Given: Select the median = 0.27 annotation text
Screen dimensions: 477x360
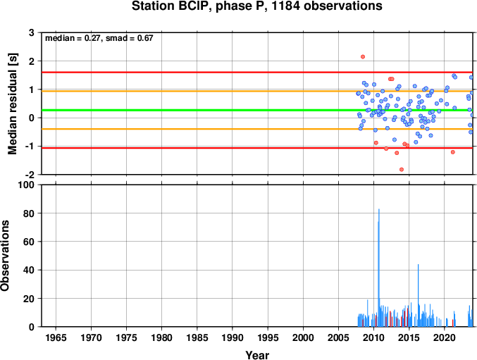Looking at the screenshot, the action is pyautogui.click(x=72, y=38).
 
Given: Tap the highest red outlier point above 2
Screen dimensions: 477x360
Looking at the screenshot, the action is pyautogui.click(x=363, y=57).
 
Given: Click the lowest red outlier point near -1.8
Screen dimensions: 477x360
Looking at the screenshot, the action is pyautogui.click(x=402, y=169).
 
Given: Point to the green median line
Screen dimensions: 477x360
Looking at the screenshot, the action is pyautogui.click(x=257, y=110).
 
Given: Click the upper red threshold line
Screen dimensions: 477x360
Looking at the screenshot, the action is pyautogui.click(x=257, y=73).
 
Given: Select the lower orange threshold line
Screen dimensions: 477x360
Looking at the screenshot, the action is pyautogui.click(x=257, y=129).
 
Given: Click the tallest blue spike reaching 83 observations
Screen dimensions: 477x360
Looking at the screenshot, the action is pyautogui.click(x=379, y=268).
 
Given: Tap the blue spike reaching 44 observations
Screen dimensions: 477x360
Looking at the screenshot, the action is pyautogui.click(x=419, y=296).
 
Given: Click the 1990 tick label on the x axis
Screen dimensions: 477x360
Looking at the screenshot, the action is pyautogui.click(x=233, y=337).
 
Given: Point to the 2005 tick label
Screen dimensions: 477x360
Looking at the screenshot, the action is pyautogui.click(x=338, y=337).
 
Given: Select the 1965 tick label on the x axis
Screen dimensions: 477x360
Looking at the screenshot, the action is pyautogui.click(x=56, y=337).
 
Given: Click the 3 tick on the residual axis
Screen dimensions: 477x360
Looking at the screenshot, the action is pyautogui.click(x=32, y=32).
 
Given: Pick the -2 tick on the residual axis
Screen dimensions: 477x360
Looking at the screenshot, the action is pyautogui.click(x=30, y=175).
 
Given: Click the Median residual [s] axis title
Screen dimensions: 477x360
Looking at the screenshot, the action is pyautogui.click(x=13, y=104).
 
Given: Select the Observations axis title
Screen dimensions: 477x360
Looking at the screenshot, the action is pyautogui.click(x=4, y=256).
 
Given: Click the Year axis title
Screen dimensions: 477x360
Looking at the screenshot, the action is pyautogui.click(x=257, y=355).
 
